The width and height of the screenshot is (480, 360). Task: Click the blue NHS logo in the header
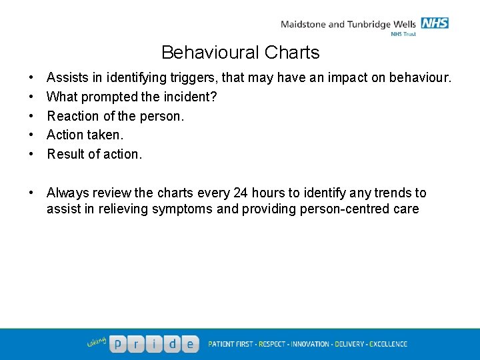tap(435, 23)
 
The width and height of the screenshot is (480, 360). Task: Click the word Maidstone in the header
tap(303, 25)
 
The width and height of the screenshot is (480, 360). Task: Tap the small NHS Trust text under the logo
tap(403, 33)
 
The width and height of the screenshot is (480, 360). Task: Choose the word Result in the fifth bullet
tap(65, 154)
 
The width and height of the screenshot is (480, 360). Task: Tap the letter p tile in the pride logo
tap(118, 344)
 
